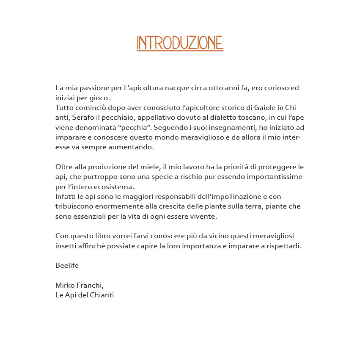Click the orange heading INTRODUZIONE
click(x=180, y=43)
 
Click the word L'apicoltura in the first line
click(x=143, y=88)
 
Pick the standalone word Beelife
click(x=67, y=265)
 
